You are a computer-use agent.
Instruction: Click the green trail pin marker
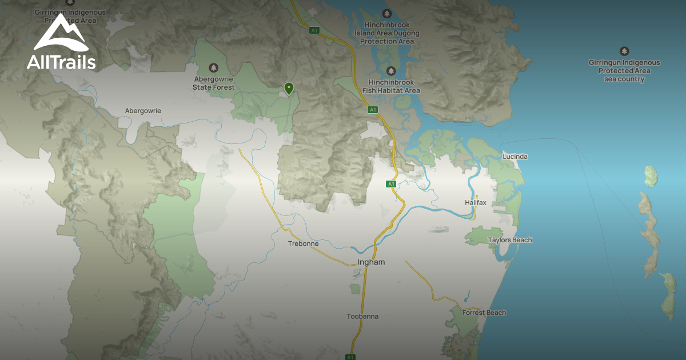289,88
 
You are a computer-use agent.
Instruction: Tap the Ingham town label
371,262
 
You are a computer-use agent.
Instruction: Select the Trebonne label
304,243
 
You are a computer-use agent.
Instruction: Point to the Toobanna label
362,316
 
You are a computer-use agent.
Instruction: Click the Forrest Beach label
484,313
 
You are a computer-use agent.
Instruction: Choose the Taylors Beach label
510,240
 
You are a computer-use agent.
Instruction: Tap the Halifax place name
475,203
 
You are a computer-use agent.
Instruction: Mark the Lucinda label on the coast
515,156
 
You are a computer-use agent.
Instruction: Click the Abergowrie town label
143,110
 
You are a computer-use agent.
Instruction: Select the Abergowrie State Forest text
214,83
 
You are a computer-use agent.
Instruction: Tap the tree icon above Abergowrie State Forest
214,67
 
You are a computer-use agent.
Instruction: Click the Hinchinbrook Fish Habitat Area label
391,86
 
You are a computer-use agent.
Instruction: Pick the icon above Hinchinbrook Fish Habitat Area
391,71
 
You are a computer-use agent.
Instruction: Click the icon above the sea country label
624,51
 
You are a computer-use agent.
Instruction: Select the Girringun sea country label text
624,71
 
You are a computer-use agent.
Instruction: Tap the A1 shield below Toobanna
350,357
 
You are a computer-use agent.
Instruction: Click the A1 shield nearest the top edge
314,30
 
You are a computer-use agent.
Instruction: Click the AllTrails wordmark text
61,62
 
